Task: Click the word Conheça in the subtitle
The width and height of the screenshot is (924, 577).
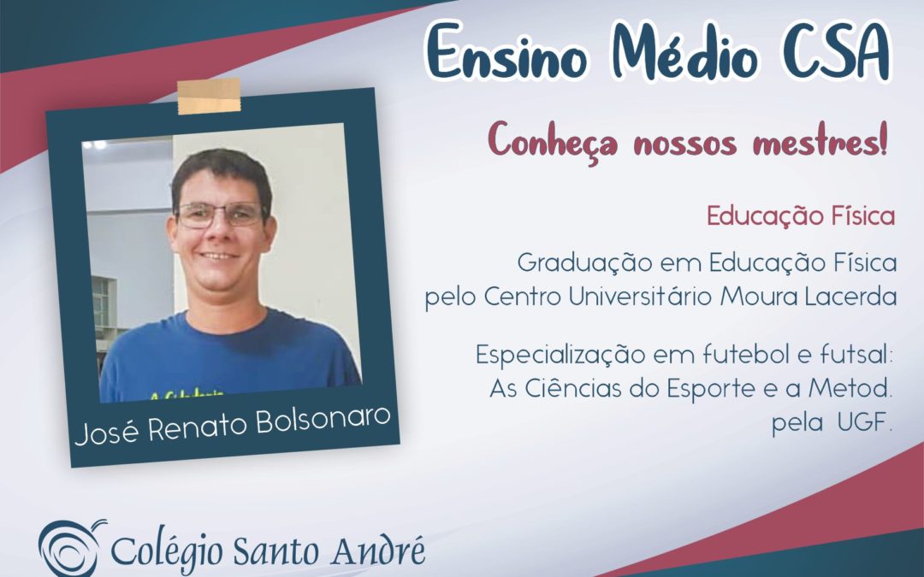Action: tap(553, 141)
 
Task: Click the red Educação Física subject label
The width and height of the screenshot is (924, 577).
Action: tap(801, 216)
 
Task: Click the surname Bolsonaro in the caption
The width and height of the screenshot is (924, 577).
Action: tap(323, 421)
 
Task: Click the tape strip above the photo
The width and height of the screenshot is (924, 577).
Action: tap(210, 96)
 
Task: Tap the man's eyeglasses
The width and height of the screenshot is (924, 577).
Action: tap(221, 215)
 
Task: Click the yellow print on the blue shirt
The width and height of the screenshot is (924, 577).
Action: tap(187, 394)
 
